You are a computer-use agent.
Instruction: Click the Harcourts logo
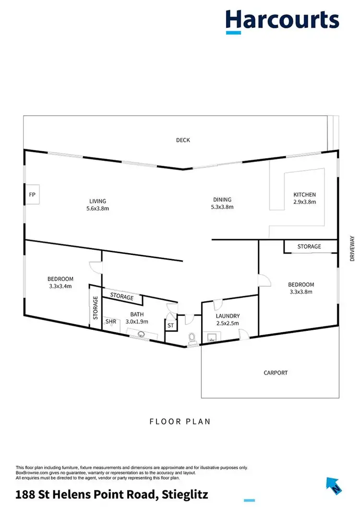[x=282, y=21]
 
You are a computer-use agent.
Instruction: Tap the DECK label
[x=183, y=140]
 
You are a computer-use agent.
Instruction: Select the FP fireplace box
[x=33, y=194]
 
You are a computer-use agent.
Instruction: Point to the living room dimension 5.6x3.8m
[x=97, y=208]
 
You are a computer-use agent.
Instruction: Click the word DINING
[x=222, y=200]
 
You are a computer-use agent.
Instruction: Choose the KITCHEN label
[x=305, y=194]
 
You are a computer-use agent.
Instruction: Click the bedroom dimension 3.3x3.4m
[x=60, y=286]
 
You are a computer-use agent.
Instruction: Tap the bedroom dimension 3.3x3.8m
[x=300, y=291]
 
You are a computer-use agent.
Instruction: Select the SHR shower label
[x=111, y=322]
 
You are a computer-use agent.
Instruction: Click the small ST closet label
[x=170, y=326]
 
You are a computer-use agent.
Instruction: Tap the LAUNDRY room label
[x=228, y=316]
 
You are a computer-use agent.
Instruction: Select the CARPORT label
[x=276, y=373]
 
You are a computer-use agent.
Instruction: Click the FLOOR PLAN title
[x=180, y=422]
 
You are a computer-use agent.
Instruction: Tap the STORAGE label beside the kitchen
[x=309, y=246]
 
